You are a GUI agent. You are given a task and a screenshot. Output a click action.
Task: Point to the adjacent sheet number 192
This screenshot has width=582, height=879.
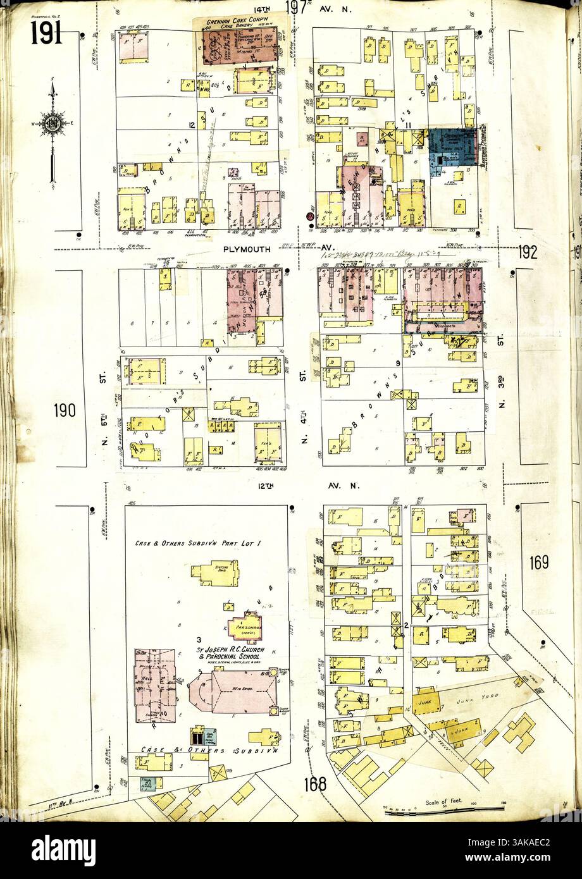pos(527,252)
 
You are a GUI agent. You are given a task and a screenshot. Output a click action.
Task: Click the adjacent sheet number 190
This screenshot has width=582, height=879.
pos(65,410)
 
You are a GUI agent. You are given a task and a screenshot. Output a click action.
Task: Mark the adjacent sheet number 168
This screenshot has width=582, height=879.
pos(314,784)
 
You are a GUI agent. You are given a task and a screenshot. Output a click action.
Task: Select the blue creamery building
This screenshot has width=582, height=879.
pos(452,147)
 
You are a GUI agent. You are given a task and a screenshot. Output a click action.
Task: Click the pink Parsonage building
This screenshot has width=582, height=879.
pos(244,627)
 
